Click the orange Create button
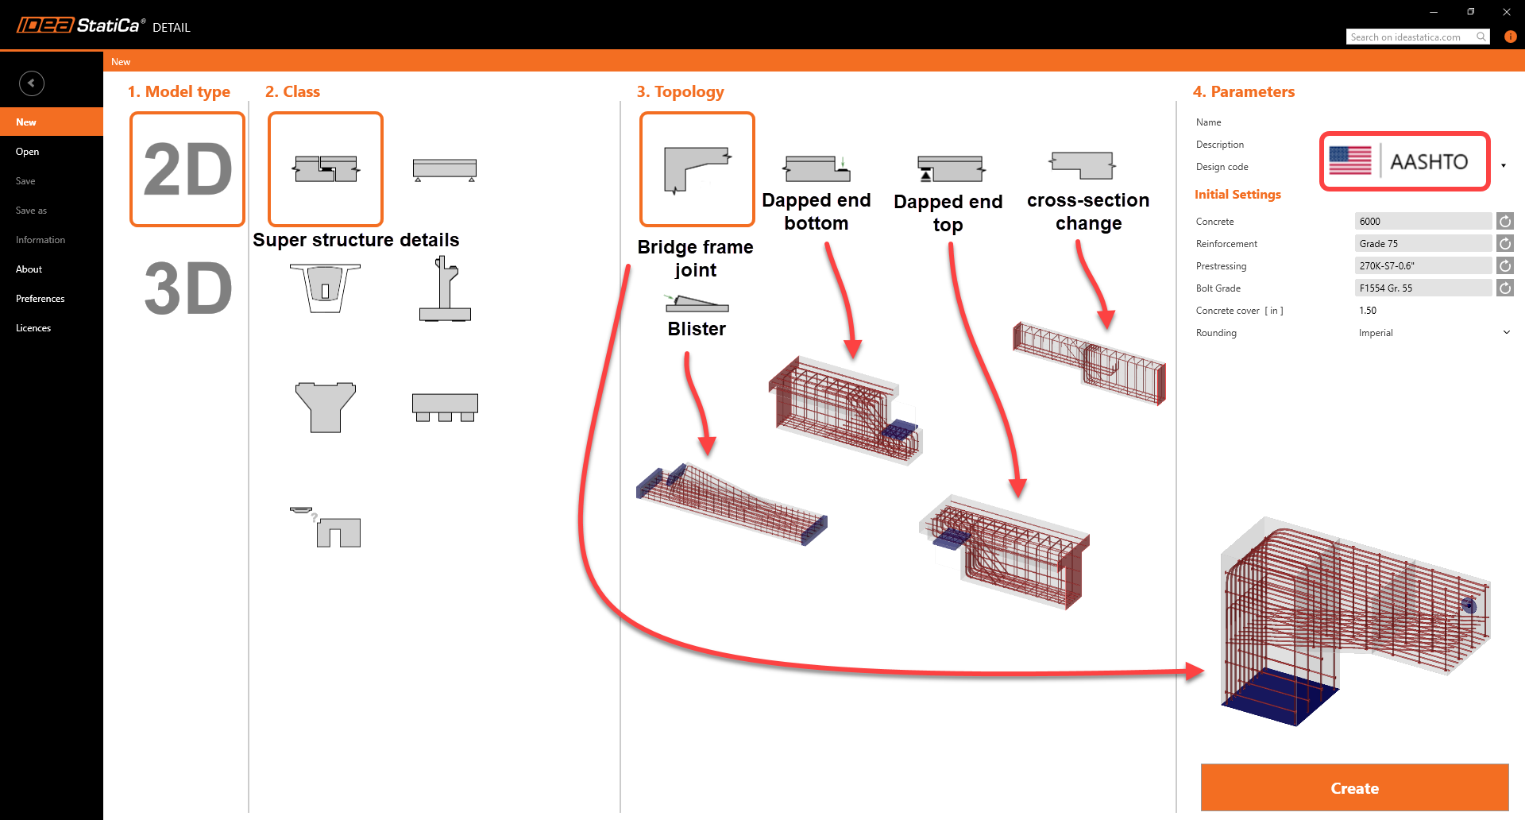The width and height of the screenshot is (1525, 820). point(1354,787)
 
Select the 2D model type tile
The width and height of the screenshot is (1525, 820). point(187,169)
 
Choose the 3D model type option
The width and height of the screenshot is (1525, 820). point(187,288)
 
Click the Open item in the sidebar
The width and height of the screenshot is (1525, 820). point(28,152)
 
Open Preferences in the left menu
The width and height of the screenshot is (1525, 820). point(41,299)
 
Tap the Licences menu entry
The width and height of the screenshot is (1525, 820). point(33,328)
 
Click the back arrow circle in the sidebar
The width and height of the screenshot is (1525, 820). point(32,83)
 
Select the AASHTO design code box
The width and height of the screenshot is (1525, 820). point(1404,162)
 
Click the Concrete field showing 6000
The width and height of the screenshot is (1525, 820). point(1422,222)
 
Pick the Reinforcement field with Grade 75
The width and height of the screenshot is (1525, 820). point(1422,244)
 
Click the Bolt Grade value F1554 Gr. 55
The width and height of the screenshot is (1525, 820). point(1422,288)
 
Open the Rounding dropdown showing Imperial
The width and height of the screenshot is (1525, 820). point(1433,333)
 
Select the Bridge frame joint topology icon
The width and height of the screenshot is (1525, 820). point(697,169)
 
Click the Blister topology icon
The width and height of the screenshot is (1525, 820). point(697,304)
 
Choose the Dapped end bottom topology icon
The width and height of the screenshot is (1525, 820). point(817,168)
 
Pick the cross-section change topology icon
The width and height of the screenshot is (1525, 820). point(1083,165)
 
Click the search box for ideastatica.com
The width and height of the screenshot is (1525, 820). point(1411,37)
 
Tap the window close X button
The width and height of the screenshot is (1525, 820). point(1506,12)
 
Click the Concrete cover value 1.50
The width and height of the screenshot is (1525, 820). point(1368,311)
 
